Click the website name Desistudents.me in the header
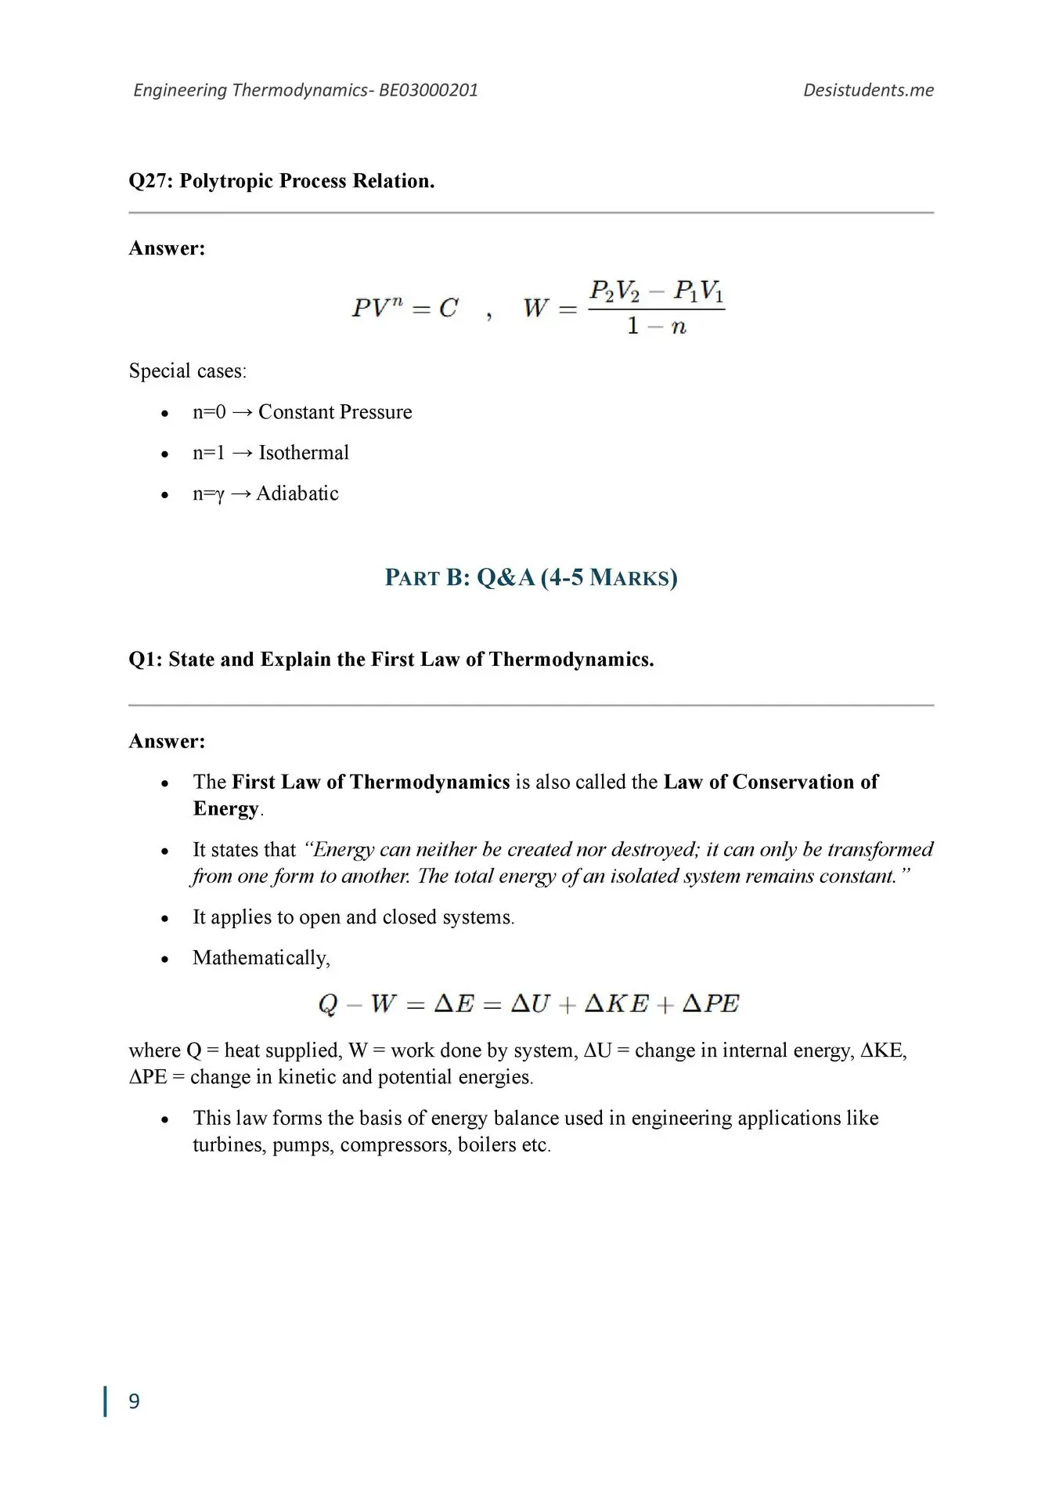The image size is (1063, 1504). pyautogui.click(x=868, y=90)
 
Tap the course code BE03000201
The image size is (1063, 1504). pyautogui.click(x=428, y=90)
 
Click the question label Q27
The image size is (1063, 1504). pyautogui.click(x=150, y=181)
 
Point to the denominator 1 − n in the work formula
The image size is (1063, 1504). pyautogui.click(x=656, y=326)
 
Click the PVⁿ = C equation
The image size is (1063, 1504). pyautogui.click(x=405, y=308)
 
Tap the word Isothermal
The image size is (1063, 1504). pyautogui.click(x=304, y=453)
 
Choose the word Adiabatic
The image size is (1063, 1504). pyautogui.click(x=297, y=493)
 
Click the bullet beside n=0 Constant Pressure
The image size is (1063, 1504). pyautogui.click(x=164, y=414)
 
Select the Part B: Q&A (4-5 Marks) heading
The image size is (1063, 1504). pyautogui.click(x=531, y=578)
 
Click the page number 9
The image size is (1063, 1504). pyautogui.click(x=134, y=1401)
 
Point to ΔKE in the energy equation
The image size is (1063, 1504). pyautogui.click(x=617, y=1003)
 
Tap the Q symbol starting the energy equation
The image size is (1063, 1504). pyautogui.click(x=327, y=1004)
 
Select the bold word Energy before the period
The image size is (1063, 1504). pyautogui.click(x=225, y=808)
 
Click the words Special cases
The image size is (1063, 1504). pyautogui.click(x=187, y=371)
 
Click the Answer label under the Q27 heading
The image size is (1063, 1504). pyautogui.click(x=167, y=248)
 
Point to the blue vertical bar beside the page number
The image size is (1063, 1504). pyautogui.click(x=105, y=1401)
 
